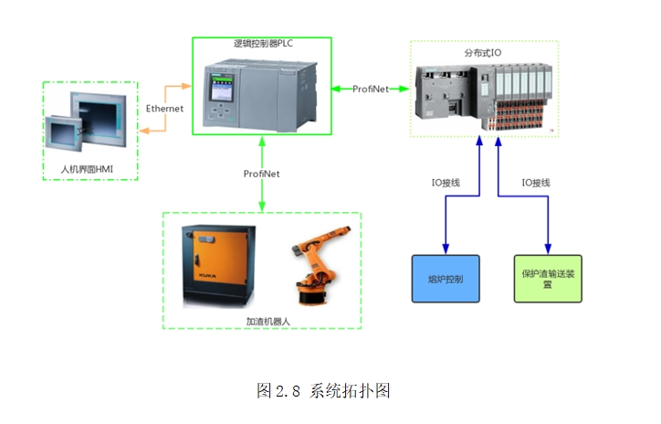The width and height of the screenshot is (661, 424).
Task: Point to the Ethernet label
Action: click(x=164, y=109)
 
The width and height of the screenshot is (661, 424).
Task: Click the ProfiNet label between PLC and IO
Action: click(x=372, y=89)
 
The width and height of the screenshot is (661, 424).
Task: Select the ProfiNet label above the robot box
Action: click(x=262, y=174)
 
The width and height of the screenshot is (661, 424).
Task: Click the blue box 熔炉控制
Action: click(x=445, y=278)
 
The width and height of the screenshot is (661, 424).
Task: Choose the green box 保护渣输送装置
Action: click(x=548, y=278)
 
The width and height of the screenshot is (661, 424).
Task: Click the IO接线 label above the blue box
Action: click(x=445, y=183)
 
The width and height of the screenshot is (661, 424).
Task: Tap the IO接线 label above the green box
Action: click(x=535, y=183)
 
